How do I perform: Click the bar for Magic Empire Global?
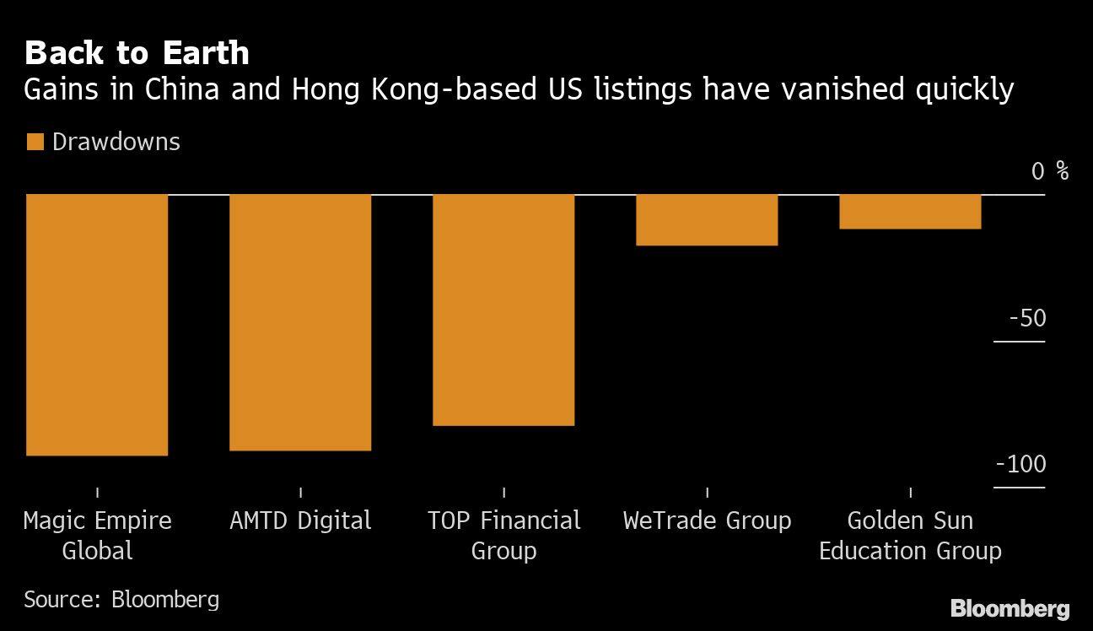(x=97, y=325)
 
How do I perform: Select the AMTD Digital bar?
(x=300, y=322)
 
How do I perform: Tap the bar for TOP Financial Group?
(x=503, y=310)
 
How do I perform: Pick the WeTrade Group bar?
(x=707, y=220)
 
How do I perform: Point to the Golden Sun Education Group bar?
(x=910, y=212)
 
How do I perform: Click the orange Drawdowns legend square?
(x=35, y=142)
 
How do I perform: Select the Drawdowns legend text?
(x=116, y=142)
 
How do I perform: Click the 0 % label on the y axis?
(x=1049, y=171)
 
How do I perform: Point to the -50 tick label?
(x=1026, y=319)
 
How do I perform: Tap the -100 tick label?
(x=1020, y=465)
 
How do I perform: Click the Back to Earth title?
(x=137, y=53)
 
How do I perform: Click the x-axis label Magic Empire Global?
(x=97, y=536)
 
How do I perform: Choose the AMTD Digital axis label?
(x=300, y=520)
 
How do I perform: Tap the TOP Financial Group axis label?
(x=503, y=536)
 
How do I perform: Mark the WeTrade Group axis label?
(x=707, y=520)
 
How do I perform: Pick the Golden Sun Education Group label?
(x=910, y=536)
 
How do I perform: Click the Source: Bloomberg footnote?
(x=121, y=600)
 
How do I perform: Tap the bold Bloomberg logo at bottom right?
(x=1010, y=608)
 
